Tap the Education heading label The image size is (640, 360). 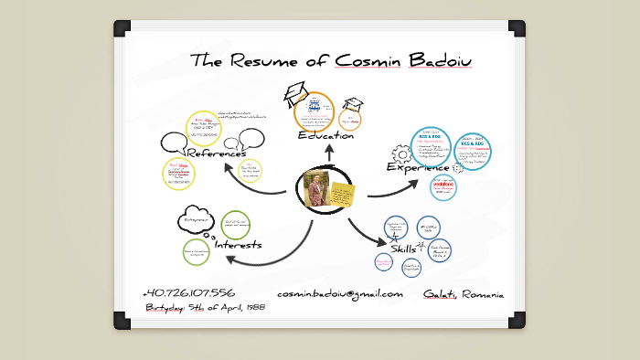click(325, 136)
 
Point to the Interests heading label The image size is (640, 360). click(239, 245)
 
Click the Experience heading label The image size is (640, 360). click(418, 168)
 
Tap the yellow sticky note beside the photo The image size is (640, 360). click(345, 196)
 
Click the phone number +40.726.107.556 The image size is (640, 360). click(188, 293)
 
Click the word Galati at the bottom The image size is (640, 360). click(440, 294)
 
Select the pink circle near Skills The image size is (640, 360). click(385, 262)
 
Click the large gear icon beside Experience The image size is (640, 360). click(400, 154)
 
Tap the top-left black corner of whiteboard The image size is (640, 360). click(123, 28)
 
